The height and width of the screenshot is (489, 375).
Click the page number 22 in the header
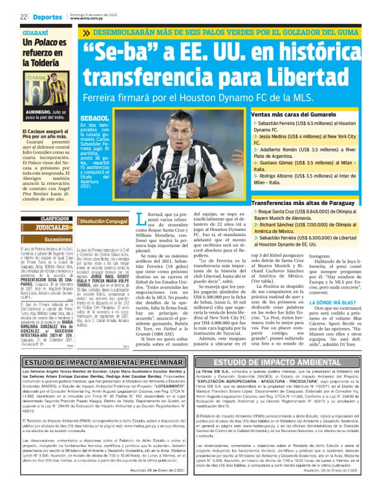(x=23, y=16)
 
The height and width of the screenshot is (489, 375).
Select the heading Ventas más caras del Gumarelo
(x=290, y=114)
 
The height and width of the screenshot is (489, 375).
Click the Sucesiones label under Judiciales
(x=58, y=239)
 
